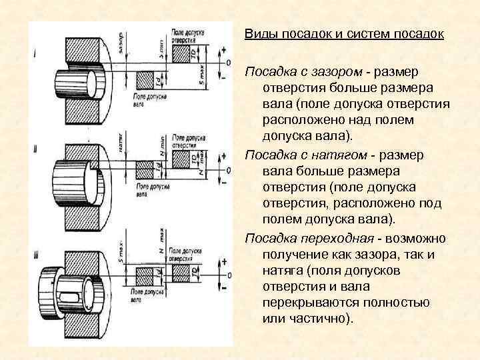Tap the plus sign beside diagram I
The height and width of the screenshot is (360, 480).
(x=223, y=51)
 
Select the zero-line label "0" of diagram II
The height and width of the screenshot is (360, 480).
(x=229, y=171)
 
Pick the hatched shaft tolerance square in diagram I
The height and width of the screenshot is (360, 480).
(x=145, y=81)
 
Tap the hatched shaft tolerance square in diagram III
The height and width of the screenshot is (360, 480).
(x=144, y=275)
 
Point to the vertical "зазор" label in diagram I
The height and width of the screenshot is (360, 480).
(x=121, y=44)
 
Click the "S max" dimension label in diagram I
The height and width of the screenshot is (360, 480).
(x=201, y=77)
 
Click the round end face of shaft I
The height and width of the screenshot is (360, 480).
(x=94, y=83)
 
